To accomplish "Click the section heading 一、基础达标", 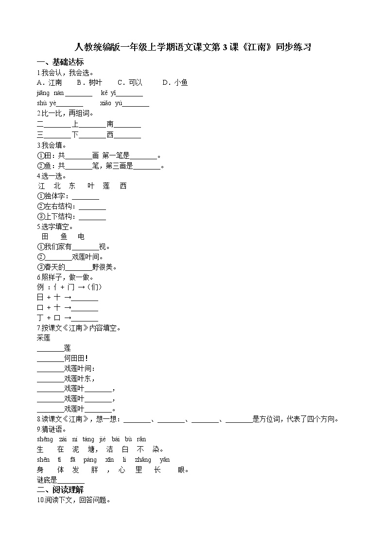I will point(60,62).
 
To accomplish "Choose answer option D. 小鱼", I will point(175,82).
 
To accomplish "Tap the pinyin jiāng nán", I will point(50,93).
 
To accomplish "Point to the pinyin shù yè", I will point(47,103).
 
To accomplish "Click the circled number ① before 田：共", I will point(40,155).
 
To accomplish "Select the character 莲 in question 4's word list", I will point(106,186).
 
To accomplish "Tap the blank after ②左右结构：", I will point(92,207).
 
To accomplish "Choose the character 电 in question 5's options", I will point(82,236).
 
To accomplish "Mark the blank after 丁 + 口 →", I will point(85,318).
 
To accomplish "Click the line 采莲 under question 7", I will point(43,338).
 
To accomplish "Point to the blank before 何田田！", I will point(50,358).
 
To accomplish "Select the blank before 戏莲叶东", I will point(50,379).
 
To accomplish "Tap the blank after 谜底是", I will point(71,480).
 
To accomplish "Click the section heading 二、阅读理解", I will point(60,490).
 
